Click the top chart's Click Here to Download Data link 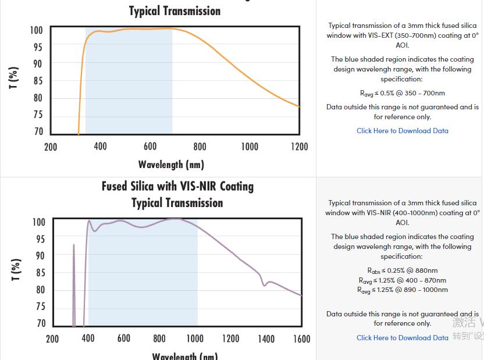[x=402, y=131]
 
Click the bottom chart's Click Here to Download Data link [x=402, y=337]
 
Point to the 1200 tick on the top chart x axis [x=299, y=147]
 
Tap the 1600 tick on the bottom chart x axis [x=301, y=338]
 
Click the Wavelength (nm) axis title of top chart [x=171, y=164]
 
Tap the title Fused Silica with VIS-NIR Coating [x=177, y=187]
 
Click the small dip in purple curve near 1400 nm [x=264, y=284]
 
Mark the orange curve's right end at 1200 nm [x=298, y=106]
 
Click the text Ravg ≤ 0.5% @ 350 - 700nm [x=402, y=93]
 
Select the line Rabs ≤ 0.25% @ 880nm [x=402, y=270]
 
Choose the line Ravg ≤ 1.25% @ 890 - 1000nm [x=402, y=290]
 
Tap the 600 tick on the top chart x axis [x=150, y=147]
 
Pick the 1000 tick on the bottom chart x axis [x=195, y=338]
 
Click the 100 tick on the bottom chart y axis [x=38, y=222]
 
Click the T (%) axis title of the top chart [x=13, y=77]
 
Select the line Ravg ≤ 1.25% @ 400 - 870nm [x=402, y=280]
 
